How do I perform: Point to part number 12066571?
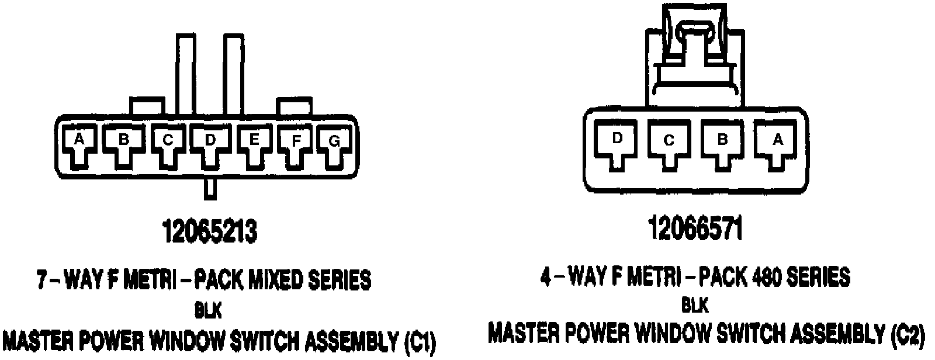(695, 229)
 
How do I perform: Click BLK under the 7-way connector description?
(209, 311)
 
